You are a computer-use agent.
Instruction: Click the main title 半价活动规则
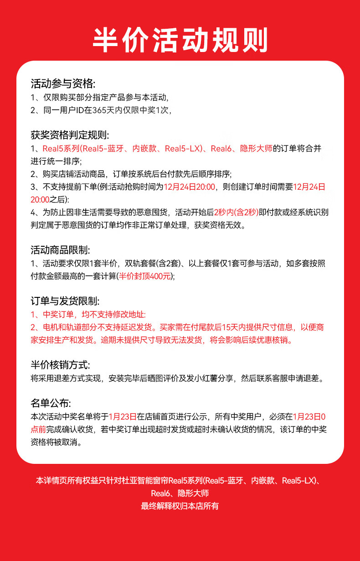click(x=180, y=41)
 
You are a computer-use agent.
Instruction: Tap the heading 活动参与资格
click(x=63, y=84)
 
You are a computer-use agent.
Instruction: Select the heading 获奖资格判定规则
click(x=70, y=135)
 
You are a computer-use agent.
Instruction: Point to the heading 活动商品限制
click(x=60, y=250)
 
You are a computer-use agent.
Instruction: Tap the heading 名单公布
click(x=51, y=403)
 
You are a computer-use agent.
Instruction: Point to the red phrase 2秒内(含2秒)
click(x=236, y=212)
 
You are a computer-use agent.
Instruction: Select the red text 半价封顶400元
click(x=144, y=276)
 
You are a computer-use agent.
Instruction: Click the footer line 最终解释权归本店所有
click(x=180, y=506)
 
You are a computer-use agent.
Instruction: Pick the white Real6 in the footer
click(x=160, y=493)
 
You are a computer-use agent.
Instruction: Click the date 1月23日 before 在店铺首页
click(x=123, y=416)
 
